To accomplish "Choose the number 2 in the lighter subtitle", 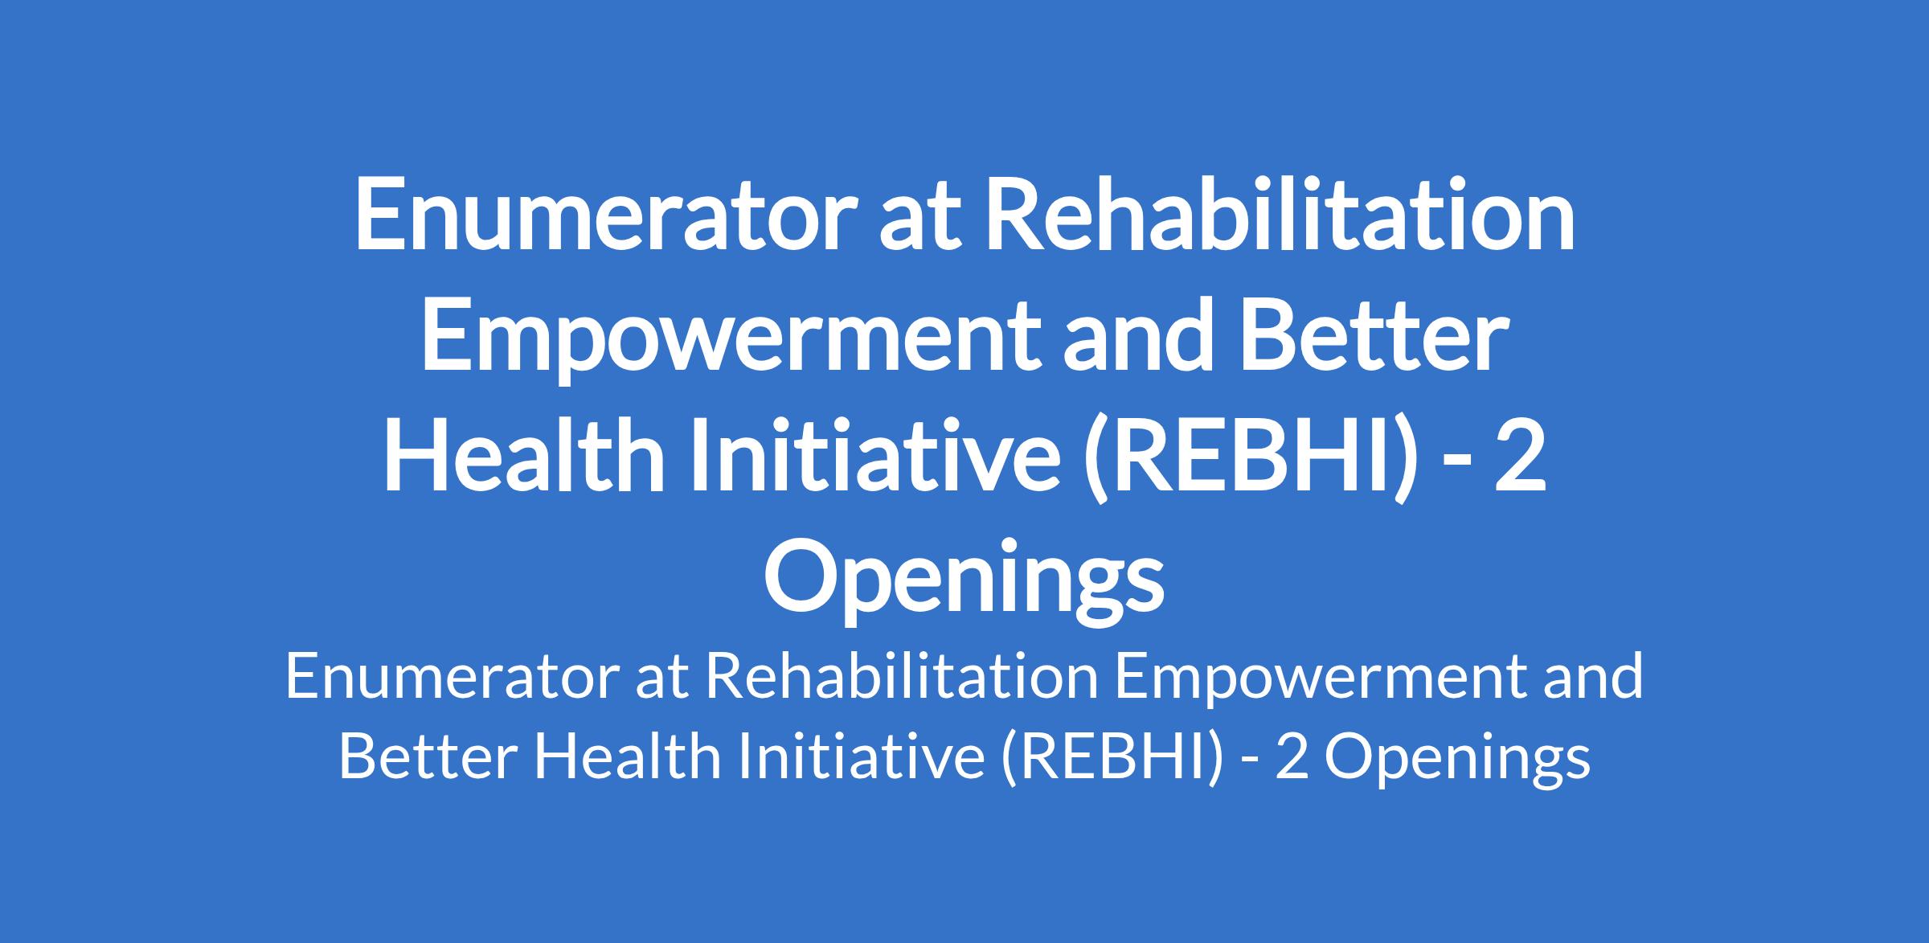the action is coord(1291,758).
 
